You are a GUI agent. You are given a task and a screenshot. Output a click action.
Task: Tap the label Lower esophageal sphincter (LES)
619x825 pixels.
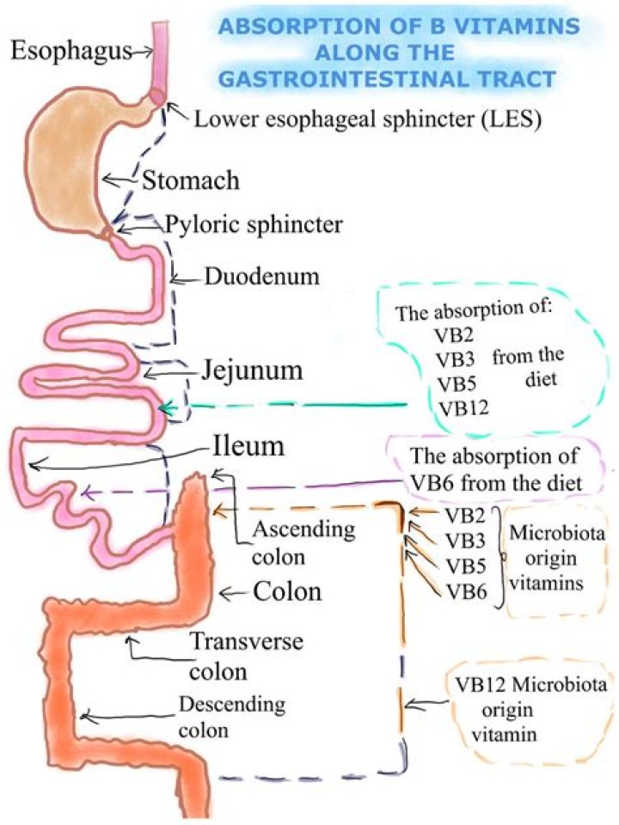tap(366, 119)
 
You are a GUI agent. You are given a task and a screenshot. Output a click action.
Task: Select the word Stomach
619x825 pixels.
tap(190, 181)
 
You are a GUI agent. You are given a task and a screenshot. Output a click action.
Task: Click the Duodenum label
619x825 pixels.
tap(261, 277)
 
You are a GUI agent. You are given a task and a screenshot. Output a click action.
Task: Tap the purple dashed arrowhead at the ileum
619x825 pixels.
tap(83, 493)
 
